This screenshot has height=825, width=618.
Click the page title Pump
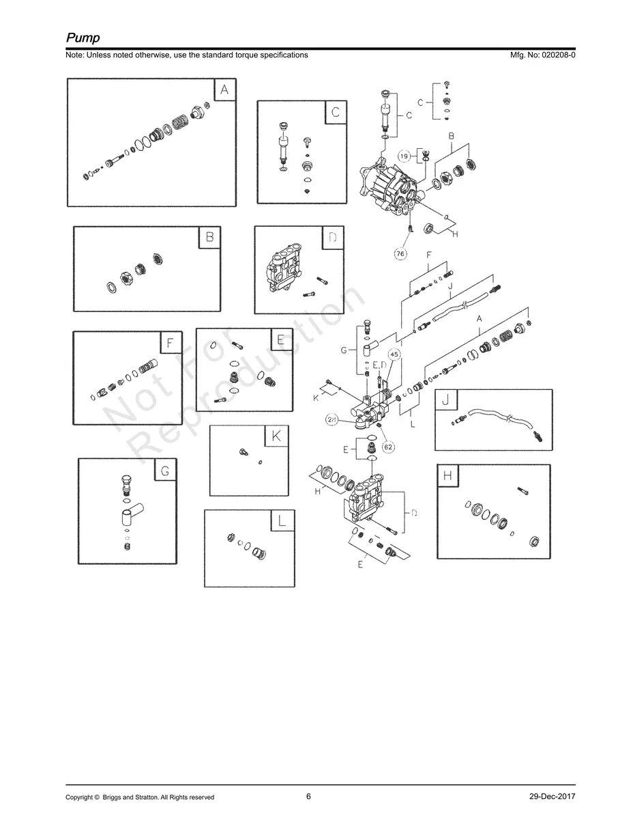pos(83,38)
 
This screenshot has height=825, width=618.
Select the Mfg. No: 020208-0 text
pos(542,55)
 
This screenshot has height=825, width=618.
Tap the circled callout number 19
pos(404,156)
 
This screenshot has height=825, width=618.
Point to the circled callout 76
pos(400,253)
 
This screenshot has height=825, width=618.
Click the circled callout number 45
pos(394,354)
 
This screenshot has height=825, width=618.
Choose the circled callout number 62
pos(388,447)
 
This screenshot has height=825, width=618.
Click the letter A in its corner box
pos(224,90)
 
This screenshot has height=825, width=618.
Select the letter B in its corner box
pos(210,237)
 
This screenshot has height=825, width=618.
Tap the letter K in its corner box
pos(276,436)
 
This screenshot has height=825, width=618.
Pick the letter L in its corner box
pos(282,520)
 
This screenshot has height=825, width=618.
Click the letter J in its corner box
pos(446,400)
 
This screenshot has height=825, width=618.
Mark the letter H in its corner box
pos(447,475)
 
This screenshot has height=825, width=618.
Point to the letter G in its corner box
pos(165,470)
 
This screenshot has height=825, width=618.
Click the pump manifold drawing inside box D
pos(284,267)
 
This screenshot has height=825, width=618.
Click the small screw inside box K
pos(244,451)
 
